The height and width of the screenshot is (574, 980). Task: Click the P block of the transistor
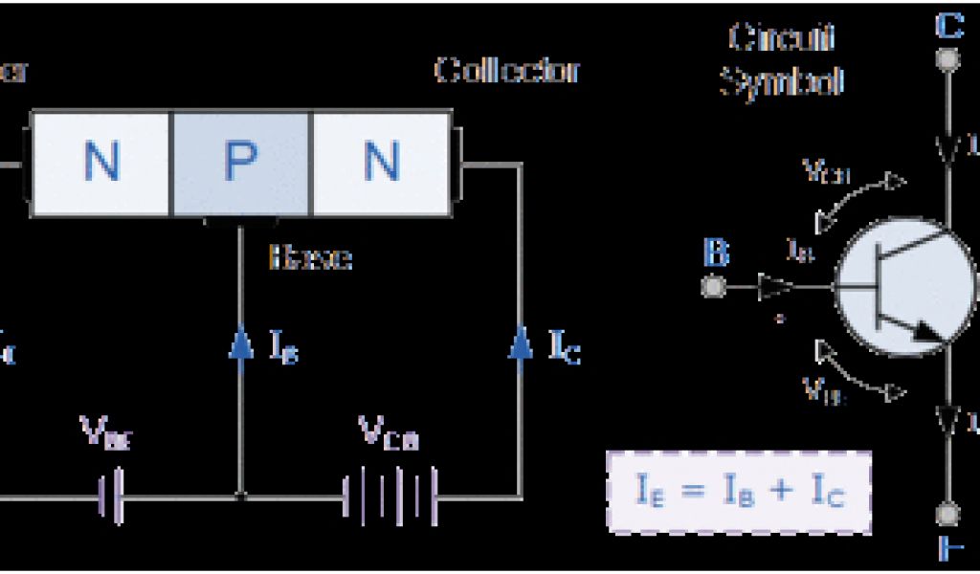240,163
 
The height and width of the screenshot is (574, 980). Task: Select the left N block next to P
100,163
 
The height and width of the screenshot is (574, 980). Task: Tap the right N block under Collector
381,163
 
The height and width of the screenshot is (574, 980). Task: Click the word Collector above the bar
507,70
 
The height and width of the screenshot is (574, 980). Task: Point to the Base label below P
310,257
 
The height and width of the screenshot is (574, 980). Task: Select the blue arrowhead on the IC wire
521,342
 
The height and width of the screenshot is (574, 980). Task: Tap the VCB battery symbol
390,497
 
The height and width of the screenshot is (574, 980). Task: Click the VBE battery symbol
112,497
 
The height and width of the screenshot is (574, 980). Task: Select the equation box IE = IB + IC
739,491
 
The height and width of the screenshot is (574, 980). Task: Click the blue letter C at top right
948,26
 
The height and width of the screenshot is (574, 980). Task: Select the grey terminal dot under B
714,286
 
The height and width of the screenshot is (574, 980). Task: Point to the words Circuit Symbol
781,60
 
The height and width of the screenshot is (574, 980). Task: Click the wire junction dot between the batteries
240,497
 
